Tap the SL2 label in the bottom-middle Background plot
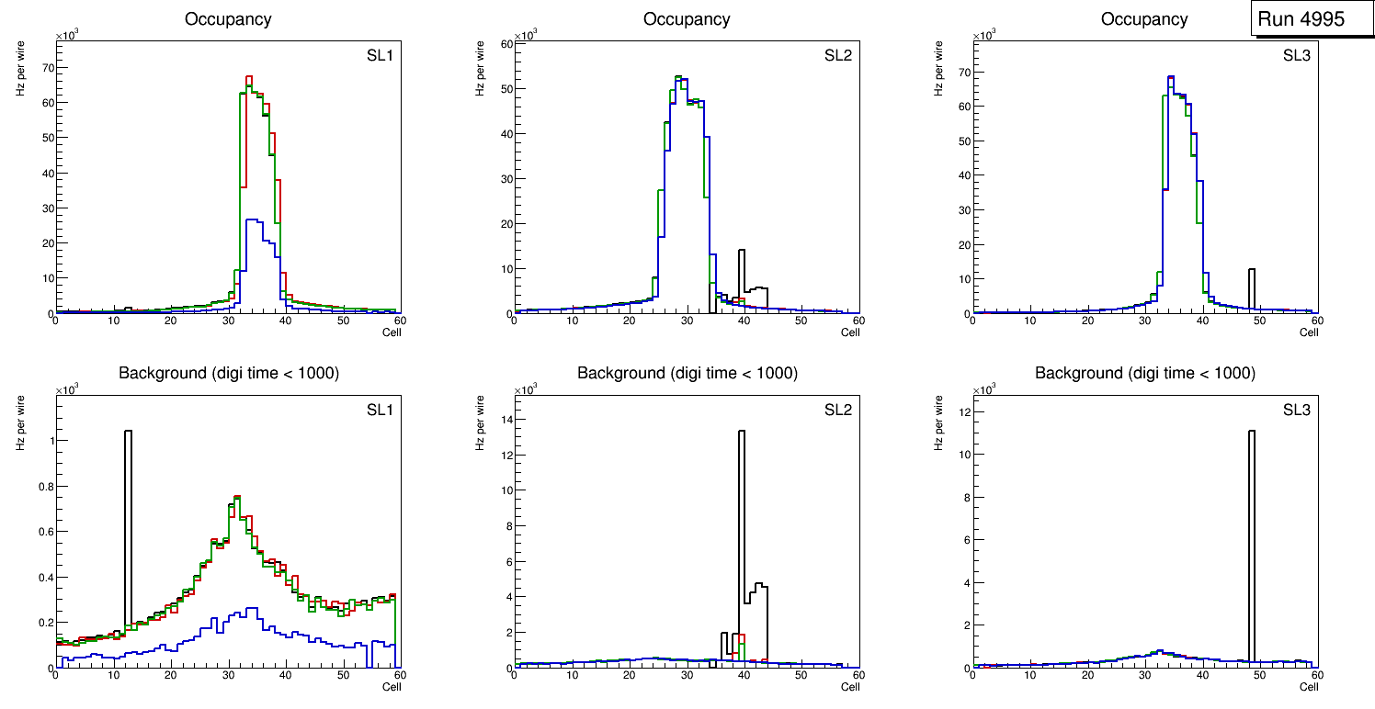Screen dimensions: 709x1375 [x=838, y=409]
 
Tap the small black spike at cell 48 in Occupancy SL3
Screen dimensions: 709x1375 [x=1251, y=288]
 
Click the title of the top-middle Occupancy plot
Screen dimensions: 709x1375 [x=687, y=19]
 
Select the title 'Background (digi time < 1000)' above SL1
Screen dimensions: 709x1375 [x=229, y=373]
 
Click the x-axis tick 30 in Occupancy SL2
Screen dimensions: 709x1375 [x=686, y=321]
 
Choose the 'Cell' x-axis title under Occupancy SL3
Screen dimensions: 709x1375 [x=1309, y=332]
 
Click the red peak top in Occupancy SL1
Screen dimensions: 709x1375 [x=248, y=78]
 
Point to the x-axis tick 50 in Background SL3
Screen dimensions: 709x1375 [x=1259, y=675]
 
